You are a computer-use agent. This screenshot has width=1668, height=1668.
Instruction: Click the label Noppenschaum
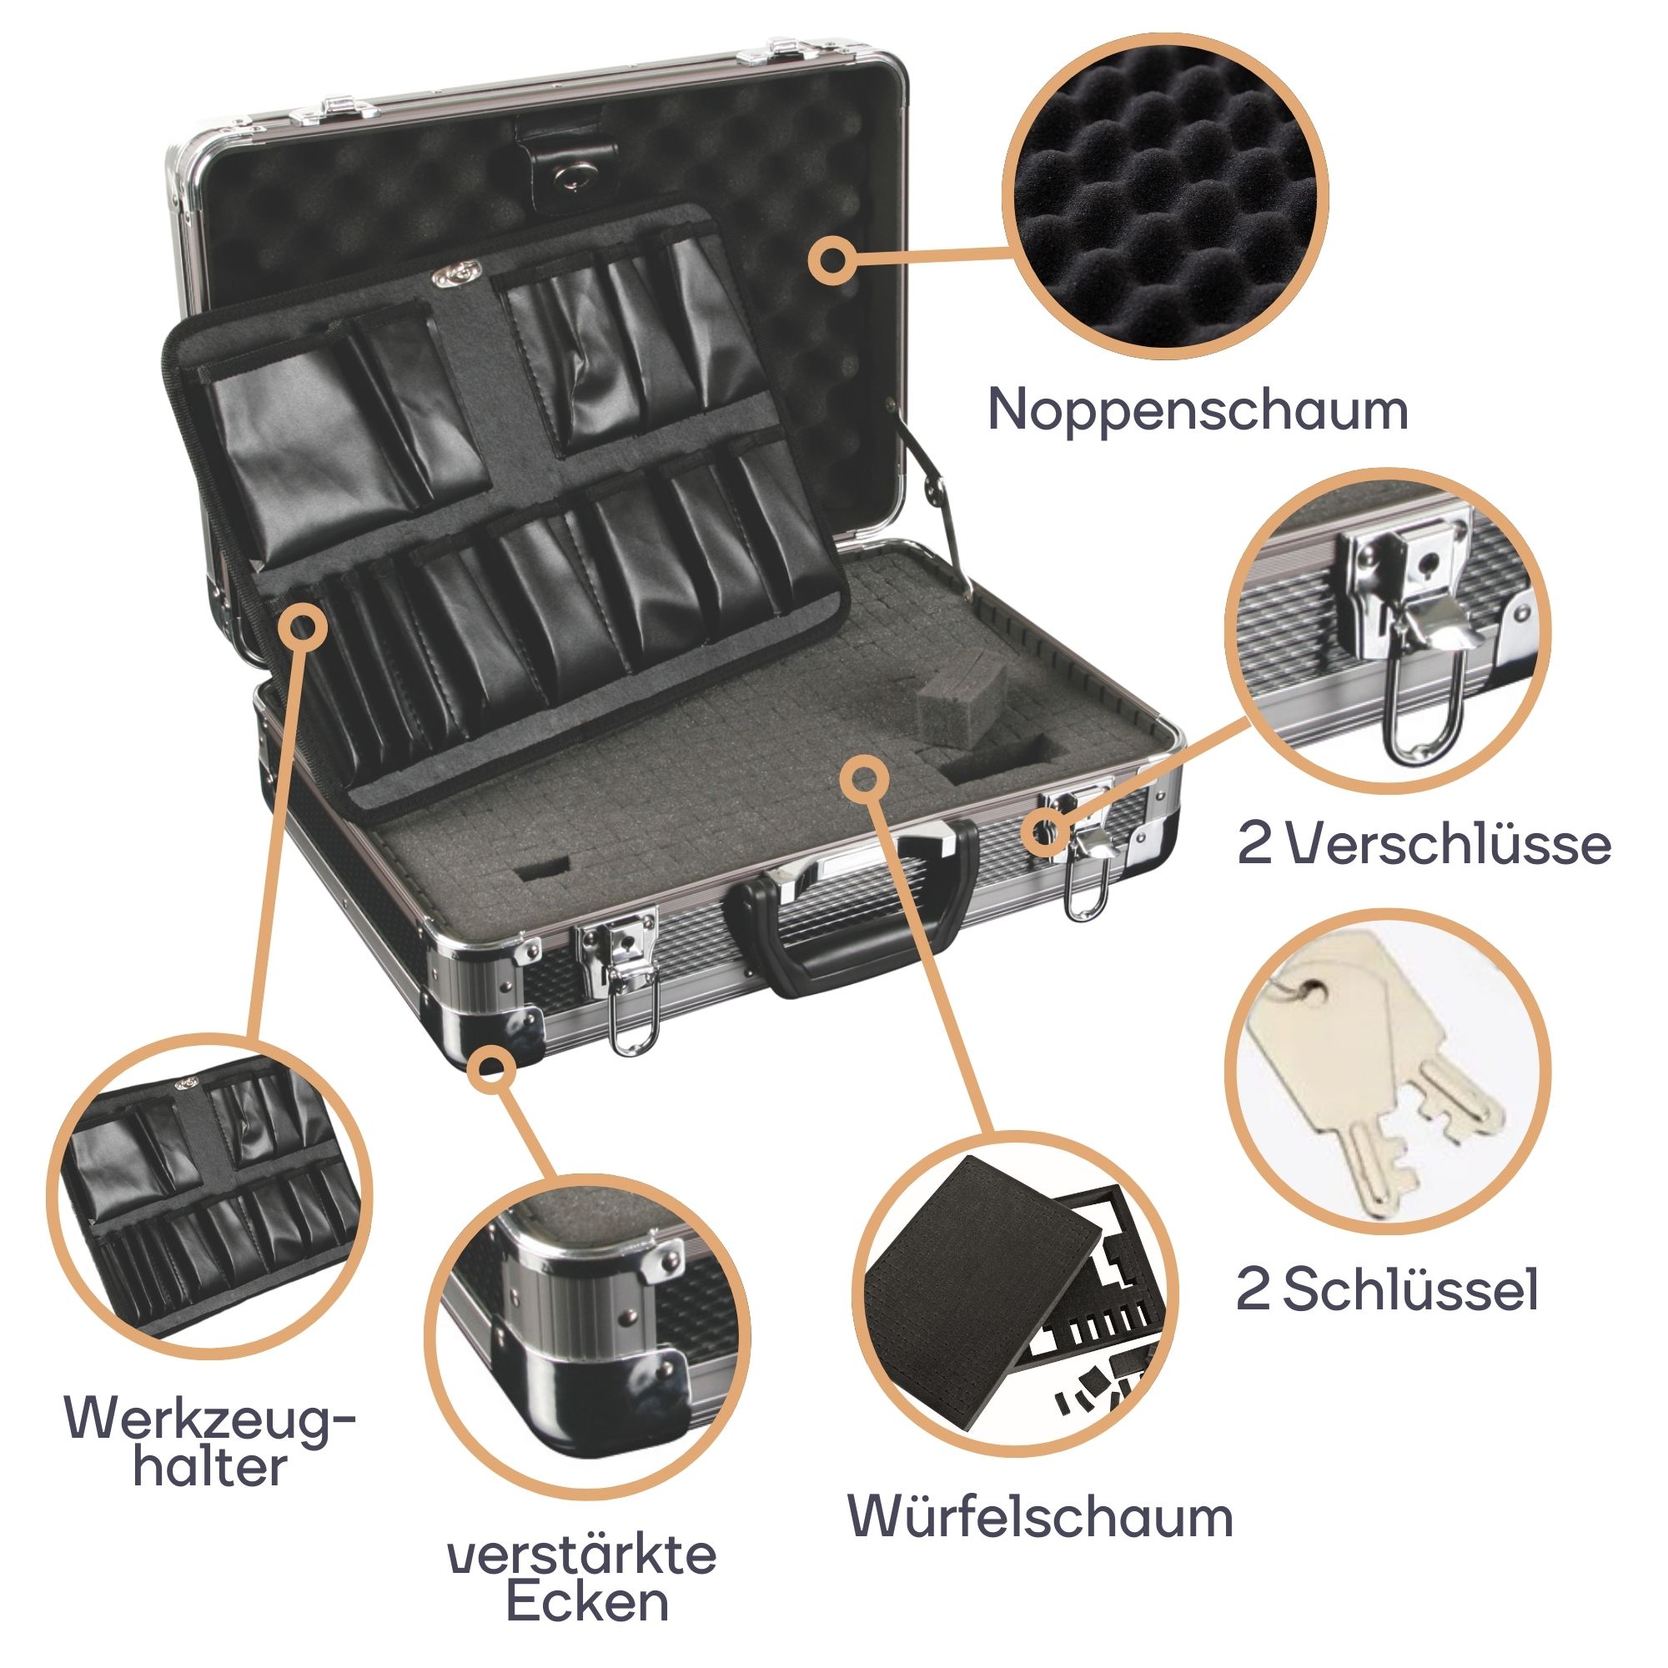1198,410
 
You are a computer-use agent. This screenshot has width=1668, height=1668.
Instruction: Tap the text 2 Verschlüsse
1424,842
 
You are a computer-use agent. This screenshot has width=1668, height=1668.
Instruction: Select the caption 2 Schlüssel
1388,1290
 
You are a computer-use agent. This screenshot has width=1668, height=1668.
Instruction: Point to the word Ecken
587,1601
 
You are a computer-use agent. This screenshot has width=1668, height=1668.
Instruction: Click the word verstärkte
582,1555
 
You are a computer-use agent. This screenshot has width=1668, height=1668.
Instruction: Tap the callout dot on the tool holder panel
302,625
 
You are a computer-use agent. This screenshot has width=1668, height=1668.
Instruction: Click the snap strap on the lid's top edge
565,165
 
